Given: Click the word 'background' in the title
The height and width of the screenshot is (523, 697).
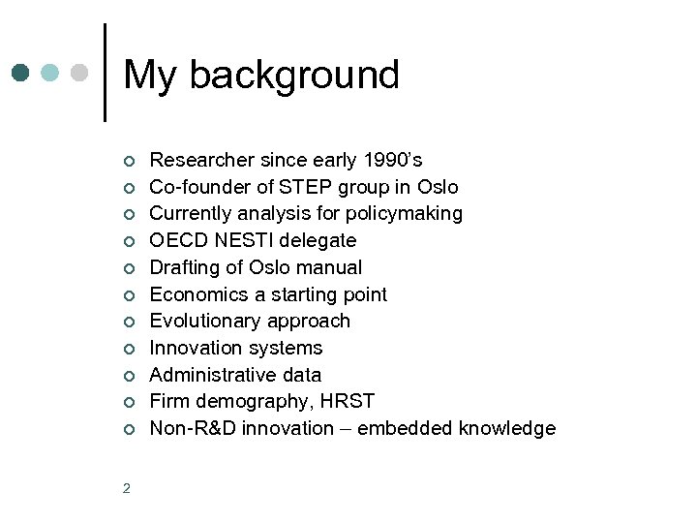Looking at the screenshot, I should (294, 76).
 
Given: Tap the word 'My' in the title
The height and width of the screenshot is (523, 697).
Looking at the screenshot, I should (151, 77).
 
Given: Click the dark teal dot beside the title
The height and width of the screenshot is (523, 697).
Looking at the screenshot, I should (21, 73).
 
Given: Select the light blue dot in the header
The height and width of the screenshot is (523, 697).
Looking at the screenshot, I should (50, 73).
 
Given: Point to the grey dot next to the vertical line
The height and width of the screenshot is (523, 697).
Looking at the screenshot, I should (79, 73).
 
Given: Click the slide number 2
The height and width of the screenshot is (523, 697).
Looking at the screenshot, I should (127, 488).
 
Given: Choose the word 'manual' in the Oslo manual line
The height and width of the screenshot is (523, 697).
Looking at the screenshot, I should (328, 267).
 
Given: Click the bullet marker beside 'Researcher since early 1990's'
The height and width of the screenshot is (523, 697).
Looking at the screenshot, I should (127, 161).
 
